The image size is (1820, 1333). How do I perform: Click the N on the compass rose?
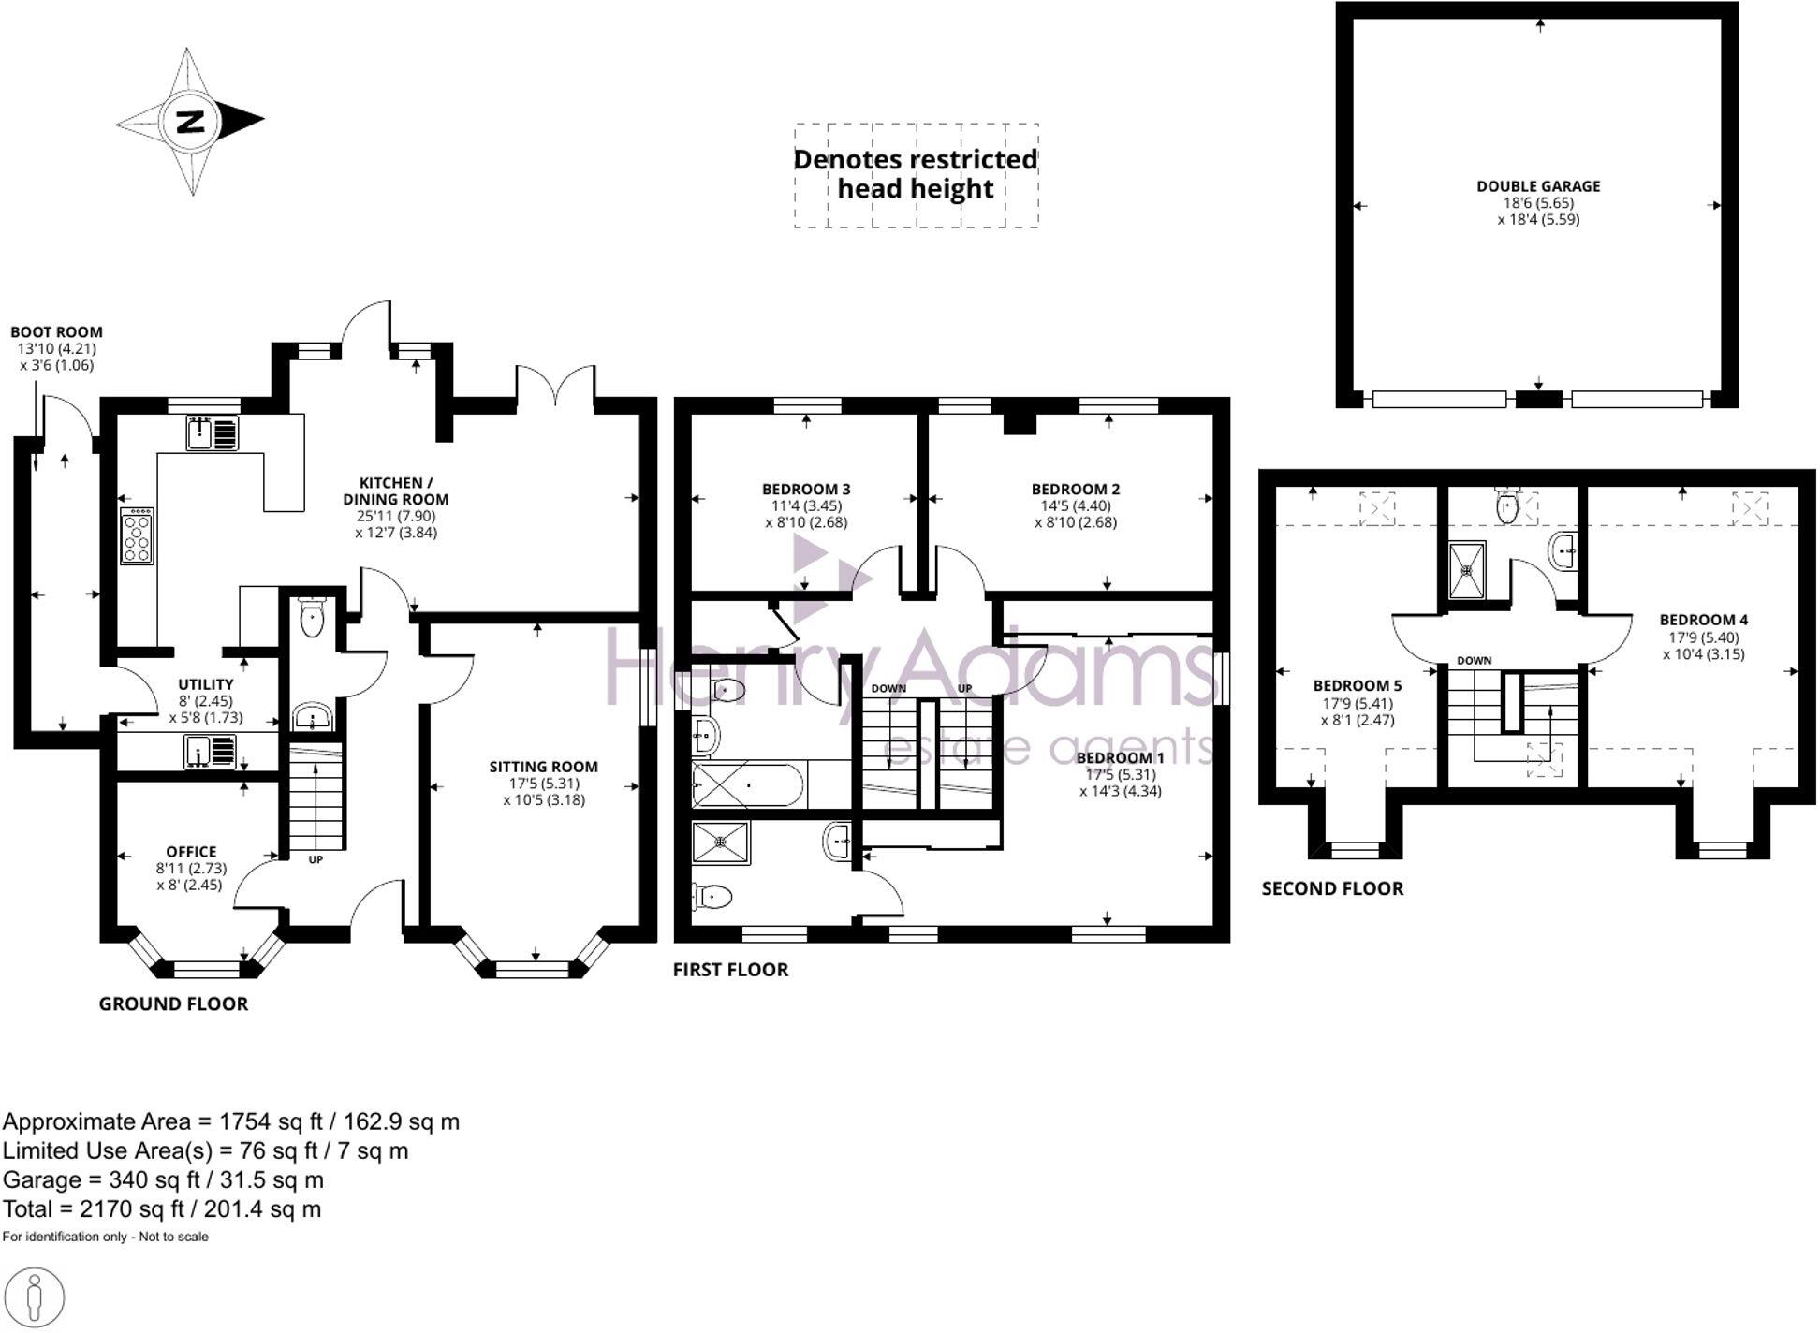point(191,122)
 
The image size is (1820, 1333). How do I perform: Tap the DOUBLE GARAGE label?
point(1538,186)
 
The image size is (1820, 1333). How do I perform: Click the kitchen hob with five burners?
point(137,535)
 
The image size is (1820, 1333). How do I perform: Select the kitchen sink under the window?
point(212,433)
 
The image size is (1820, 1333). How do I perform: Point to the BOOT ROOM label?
point(56,331)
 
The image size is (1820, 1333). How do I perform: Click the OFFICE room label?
point(191,851)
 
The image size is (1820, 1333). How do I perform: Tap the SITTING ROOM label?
point(543,767)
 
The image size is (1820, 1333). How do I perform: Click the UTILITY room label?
point(205,684)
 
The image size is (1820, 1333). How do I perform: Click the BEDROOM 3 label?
point(806,489)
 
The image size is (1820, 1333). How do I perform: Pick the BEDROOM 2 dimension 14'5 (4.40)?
point(1076,505)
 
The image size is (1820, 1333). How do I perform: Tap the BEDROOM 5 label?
point(1357,685)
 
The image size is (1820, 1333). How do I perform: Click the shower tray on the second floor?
point(1467,570)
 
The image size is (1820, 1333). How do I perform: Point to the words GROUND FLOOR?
point(173,1003)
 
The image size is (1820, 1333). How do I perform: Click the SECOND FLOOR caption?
point(1332,888)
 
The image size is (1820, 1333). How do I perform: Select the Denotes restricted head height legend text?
point(916,174)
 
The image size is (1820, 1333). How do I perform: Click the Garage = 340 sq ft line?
point(163,1179)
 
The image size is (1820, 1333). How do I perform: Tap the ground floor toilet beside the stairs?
point(312,619)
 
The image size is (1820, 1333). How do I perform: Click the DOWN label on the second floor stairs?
point(1474,660)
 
